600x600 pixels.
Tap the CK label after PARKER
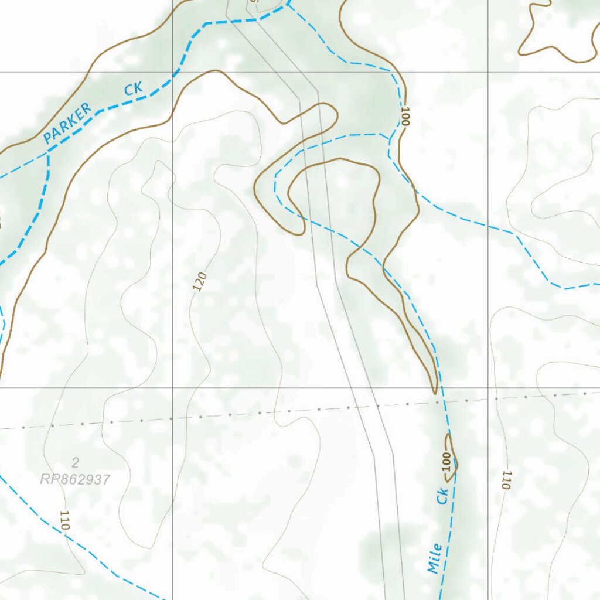pos(133,89)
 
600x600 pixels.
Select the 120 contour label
pos(200,282)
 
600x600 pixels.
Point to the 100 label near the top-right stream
pos(405,116)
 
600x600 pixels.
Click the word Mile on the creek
pos(434,558)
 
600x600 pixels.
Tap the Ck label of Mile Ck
pos(442,496)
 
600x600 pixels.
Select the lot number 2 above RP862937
pos(75,463)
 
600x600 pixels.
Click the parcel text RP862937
pos(75,479)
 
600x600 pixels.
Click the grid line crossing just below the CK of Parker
pos(172,73)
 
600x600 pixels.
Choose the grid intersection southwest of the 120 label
pos(172,388)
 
